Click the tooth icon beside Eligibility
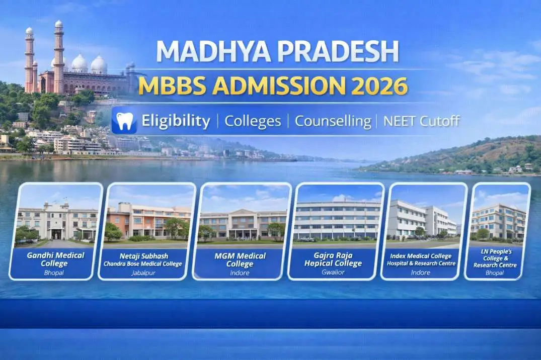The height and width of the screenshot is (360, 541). (x=124, y=121)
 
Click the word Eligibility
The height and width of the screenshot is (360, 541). (x=176, y=121)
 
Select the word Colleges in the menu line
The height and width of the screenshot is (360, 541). (x=252, y=121)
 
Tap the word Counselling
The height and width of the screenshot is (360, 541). (x=332, y=121)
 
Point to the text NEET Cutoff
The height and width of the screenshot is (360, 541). (x=421, y=121)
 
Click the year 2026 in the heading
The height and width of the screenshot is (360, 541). (x=379, y=86)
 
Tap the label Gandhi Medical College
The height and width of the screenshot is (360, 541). (x=56, y=258)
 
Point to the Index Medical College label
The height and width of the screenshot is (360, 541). (x=421, y=259)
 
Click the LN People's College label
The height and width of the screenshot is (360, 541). (x=495, y=258)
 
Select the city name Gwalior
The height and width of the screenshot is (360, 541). (x=333, y=273)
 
